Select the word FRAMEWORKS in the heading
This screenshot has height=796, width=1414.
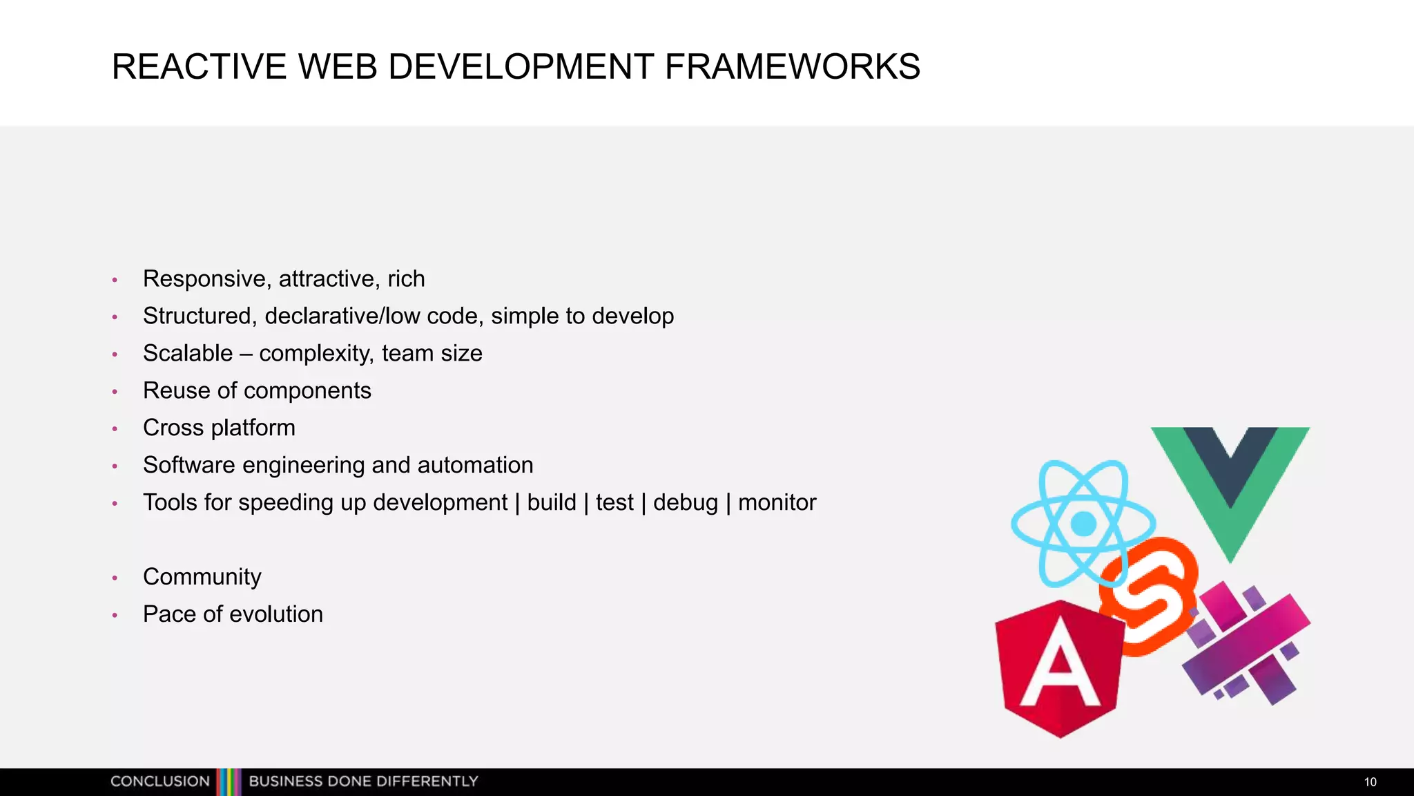pos(792,67)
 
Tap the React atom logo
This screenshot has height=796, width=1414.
pos(1083,523)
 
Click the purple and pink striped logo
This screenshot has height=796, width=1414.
pos(1246,643)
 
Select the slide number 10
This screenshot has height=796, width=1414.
pos(1370,782)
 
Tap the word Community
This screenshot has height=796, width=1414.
pos(202,577)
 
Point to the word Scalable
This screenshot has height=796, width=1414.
pos(188,354)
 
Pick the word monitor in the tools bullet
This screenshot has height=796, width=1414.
pos(777,502)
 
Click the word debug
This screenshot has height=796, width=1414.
pos(685,502)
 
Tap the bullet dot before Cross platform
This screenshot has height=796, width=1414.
pos(115,429)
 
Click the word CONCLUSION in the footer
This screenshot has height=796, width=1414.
pos(160,781)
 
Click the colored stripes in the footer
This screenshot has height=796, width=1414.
pos(229,781)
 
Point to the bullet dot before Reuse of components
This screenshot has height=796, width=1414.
pos(115,392)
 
